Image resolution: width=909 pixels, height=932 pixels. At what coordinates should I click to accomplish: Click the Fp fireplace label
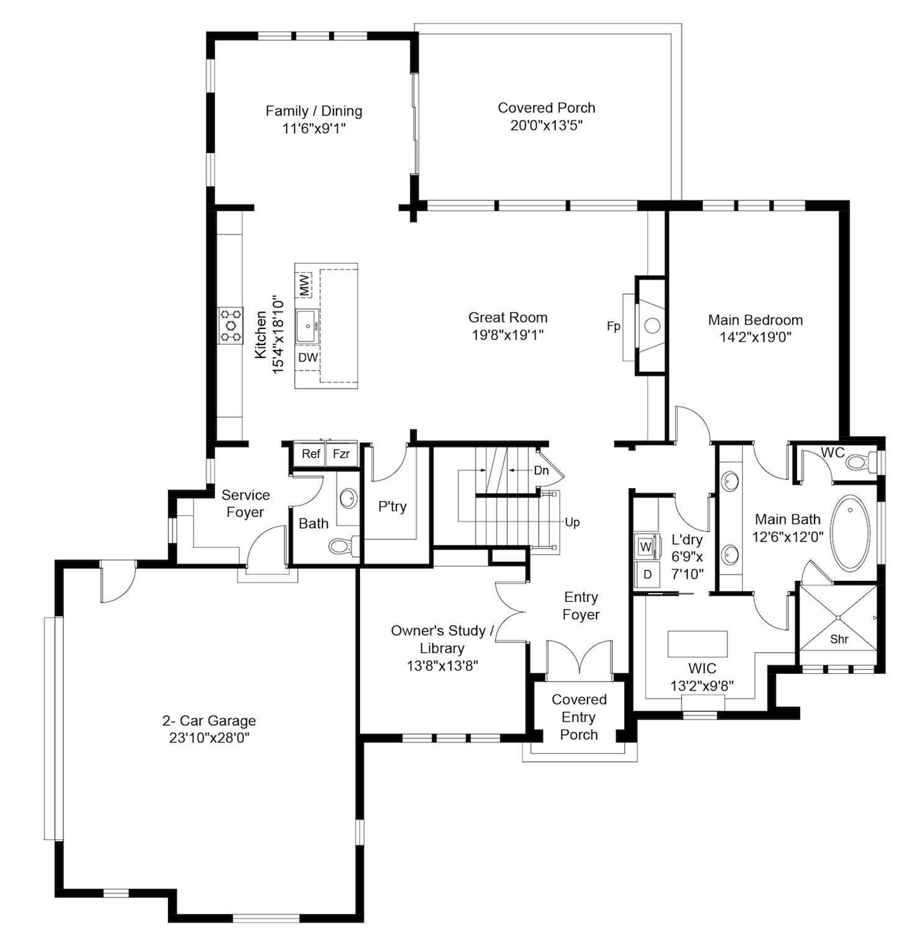point(613,326)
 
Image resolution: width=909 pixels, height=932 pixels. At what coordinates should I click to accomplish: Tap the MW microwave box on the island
point(304,285)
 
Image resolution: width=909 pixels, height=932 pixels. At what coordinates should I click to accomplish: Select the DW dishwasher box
point(308,358)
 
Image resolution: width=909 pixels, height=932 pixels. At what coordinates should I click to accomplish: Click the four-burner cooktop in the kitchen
point(230,325)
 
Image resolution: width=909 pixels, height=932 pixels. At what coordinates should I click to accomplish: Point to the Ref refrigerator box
point(311,454)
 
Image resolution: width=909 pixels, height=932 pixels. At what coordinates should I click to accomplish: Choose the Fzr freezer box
point(341,454)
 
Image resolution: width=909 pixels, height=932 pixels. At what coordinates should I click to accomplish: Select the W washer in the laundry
point(645,547)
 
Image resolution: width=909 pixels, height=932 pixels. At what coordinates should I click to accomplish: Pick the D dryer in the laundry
point(647,574)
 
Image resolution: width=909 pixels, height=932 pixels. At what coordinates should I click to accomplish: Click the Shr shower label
point(839,639)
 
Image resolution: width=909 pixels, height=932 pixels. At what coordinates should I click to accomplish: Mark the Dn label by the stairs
point(541,470)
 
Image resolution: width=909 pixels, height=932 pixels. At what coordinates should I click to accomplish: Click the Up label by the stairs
point(572,522)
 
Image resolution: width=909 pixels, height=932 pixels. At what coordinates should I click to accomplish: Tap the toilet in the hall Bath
point(340,547)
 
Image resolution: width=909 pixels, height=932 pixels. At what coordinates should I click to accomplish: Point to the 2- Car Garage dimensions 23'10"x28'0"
point(209,738)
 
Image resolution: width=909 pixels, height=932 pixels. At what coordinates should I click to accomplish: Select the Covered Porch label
point(546,108)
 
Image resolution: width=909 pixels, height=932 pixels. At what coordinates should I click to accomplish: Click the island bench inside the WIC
point(697,644)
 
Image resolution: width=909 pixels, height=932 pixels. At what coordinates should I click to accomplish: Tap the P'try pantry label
point(392,506)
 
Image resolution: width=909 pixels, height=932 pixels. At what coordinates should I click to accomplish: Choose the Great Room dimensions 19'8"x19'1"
point(507,335)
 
